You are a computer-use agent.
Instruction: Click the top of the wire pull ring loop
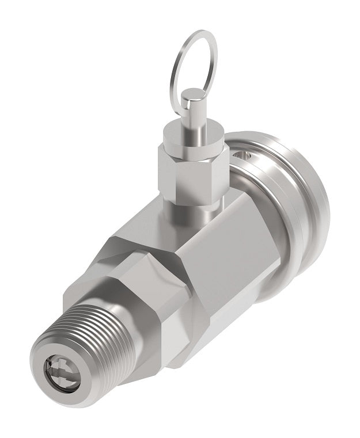pos(199,33)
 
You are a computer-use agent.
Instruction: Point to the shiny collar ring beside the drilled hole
pos(253,173)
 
